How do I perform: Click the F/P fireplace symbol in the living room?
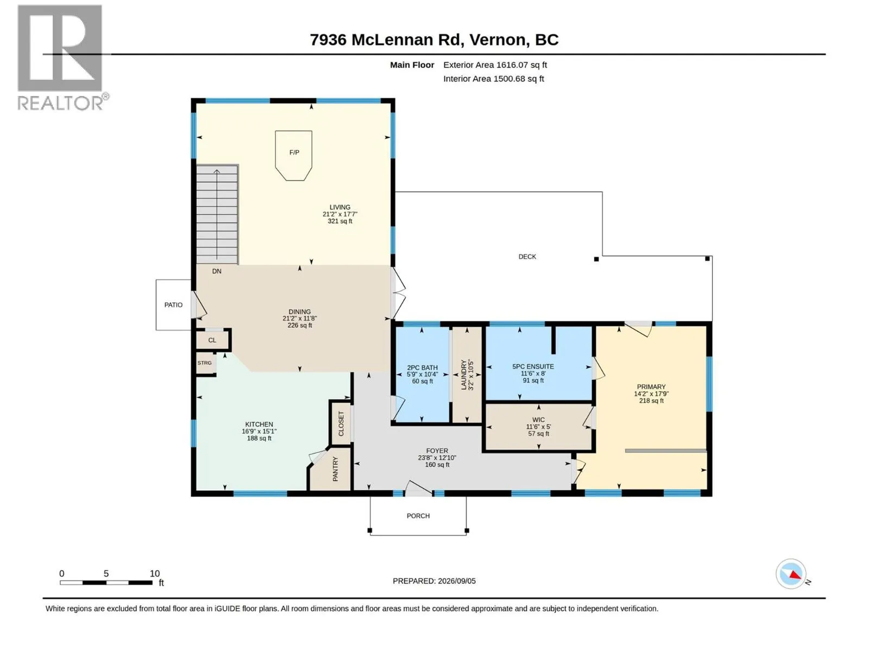293,155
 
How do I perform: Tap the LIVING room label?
339,207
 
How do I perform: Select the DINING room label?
299,312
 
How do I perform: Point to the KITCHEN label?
259,425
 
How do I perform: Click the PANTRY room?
331,469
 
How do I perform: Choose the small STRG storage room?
205,363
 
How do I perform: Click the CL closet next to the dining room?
212,340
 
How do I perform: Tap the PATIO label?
173,305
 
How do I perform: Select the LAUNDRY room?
467,374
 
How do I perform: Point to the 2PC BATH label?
422,368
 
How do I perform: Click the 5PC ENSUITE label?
533,367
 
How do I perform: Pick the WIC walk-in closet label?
538,420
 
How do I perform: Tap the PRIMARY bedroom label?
651,387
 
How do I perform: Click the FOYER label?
437,451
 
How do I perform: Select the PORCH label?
418,516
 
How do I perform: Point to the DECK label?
527,257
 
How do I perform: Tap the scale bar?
106,583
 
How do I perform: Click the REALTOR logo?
62,58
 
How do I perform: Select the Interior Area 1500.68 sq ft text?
493,79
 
